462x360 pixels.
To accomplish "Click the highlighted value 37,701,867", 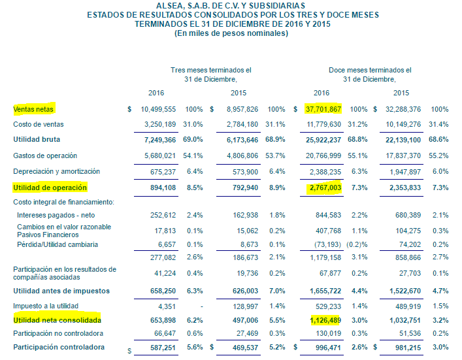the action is [323, 109].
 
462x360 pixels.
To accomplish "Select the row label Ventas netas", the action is [33, 109].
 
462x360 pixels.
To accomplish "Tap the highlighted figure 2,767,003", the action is [325, 188].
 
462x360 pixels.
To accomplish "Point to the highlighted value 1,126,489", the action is [325, 320].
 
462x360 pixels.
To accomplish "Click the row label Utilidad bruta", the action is [37, 139].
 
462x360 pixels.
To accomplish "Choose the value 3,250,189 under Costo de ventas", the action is [160, 124].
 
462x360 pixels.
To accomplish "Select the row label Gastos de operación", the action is [45, 155].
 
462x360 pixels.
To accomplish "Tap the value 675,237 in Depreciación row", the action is [163, 172].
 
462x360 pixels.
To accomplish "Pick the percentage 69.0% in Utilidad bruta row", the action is [193, 139].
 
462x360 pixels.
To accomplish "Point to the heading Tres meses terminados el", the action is [211, 70].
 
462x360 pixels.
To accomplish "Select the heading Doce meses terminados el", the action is [370, 70].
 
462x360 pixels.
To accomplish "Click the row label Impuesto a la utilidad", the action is [46, 306].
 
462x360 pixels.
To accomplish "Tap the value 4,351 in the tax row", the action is [167, 306].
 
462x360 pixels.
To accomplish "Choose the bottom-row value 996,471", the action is [328, 348].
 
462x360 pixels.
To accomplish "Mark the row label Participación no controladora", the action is [58, 333].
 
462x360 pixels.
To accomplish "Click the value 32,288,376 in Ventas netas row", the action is [403, 109].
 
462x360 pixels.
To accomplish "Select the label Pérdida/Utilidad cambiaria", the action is [58, 244].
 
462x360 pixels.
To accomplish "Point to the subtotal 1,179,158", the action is [325, 258].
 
